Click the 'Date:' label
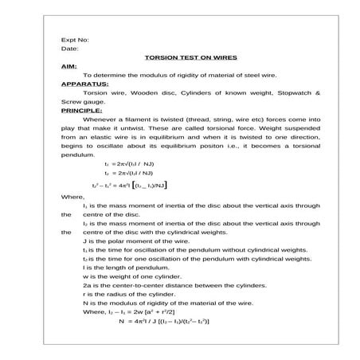(69, 49)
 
